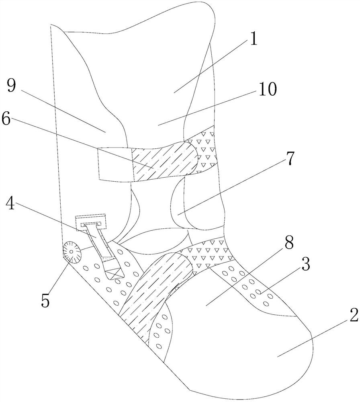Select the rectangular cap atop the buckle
point(90,220)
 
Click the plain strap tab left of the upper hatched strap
point(115,164)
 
